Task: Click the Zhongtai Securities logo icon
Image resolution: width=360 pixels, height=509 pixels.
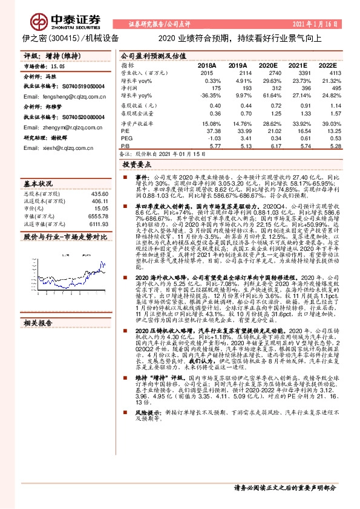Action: point(40,19)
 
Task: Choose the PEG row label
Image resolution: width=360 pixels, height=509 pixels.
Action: point(127,137)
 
